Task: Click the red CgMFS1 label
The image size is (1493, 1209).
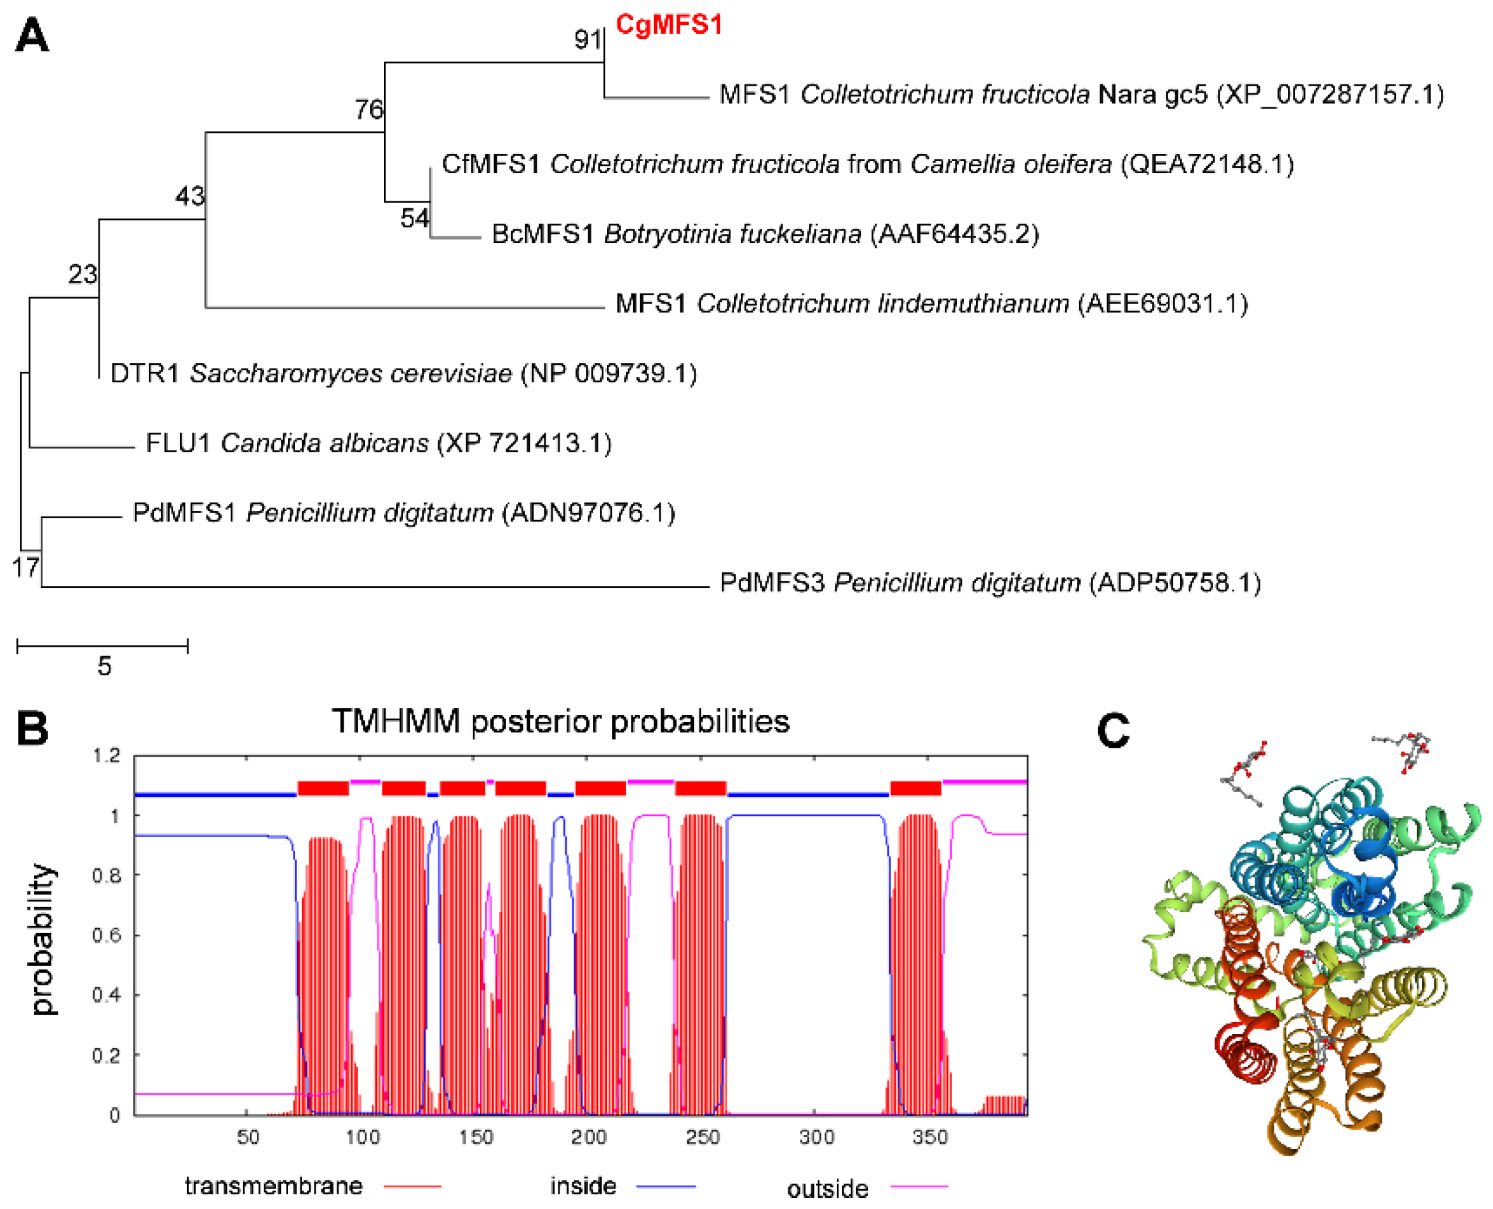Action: (x=668, y=25)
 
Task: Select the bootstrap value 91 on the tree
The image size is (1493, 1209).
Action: (x=587, y=40)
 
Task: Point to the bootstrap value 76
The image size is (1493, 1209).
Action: (x=369, y=109)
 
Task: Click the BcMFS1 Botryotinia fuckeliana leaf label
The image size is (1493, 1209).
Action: (x=765, y=234)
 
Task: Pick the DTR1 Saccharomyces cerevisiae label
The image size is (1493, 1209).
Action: (x=403, y=374)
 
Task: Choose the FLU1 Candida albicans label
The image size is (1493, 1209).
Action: (x=378, y=443)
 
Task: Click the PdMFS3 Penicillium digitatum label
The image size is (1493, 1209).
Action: (x=990, y=583)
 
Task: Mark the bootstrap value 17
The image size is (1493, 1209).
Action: (x=25, y=567)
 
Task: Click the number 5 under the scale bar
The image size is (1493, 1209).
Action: (x=103, y=666)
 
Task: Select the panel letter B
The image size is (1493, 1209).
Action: (x=32, y=728)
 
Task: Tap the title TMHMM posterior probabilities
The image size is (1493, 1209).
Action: (x=560, y=721)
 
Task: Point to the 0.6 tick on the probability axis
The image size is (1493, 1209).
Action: (x=106, y=935)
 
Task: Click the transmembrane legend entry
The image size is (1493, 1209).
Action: (x=273, y=1185)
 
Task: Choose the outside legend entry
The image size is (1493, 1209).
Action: (x=827, y=1188)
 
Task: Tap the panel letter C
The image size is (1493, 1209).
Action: (x=1113, y=731)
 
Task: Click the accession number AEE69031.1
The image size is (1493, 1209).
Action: (x=1162, y=304)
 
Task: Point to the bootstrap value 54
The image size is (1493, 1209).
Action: (x=415, y=218)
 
